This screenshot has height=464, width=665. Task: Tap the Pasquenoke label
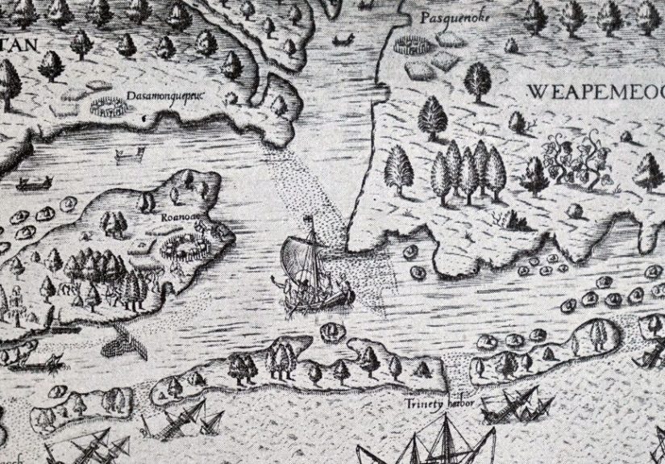[x=444, y=16]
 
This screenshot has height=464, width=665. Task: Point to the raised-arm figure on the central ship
[x=279, y=283]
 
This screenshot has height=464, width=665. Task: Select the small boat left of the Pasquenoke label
[x=343, y=39]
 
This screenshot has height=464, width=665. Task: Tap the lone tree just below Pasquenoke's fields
[x=478, y=81]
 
